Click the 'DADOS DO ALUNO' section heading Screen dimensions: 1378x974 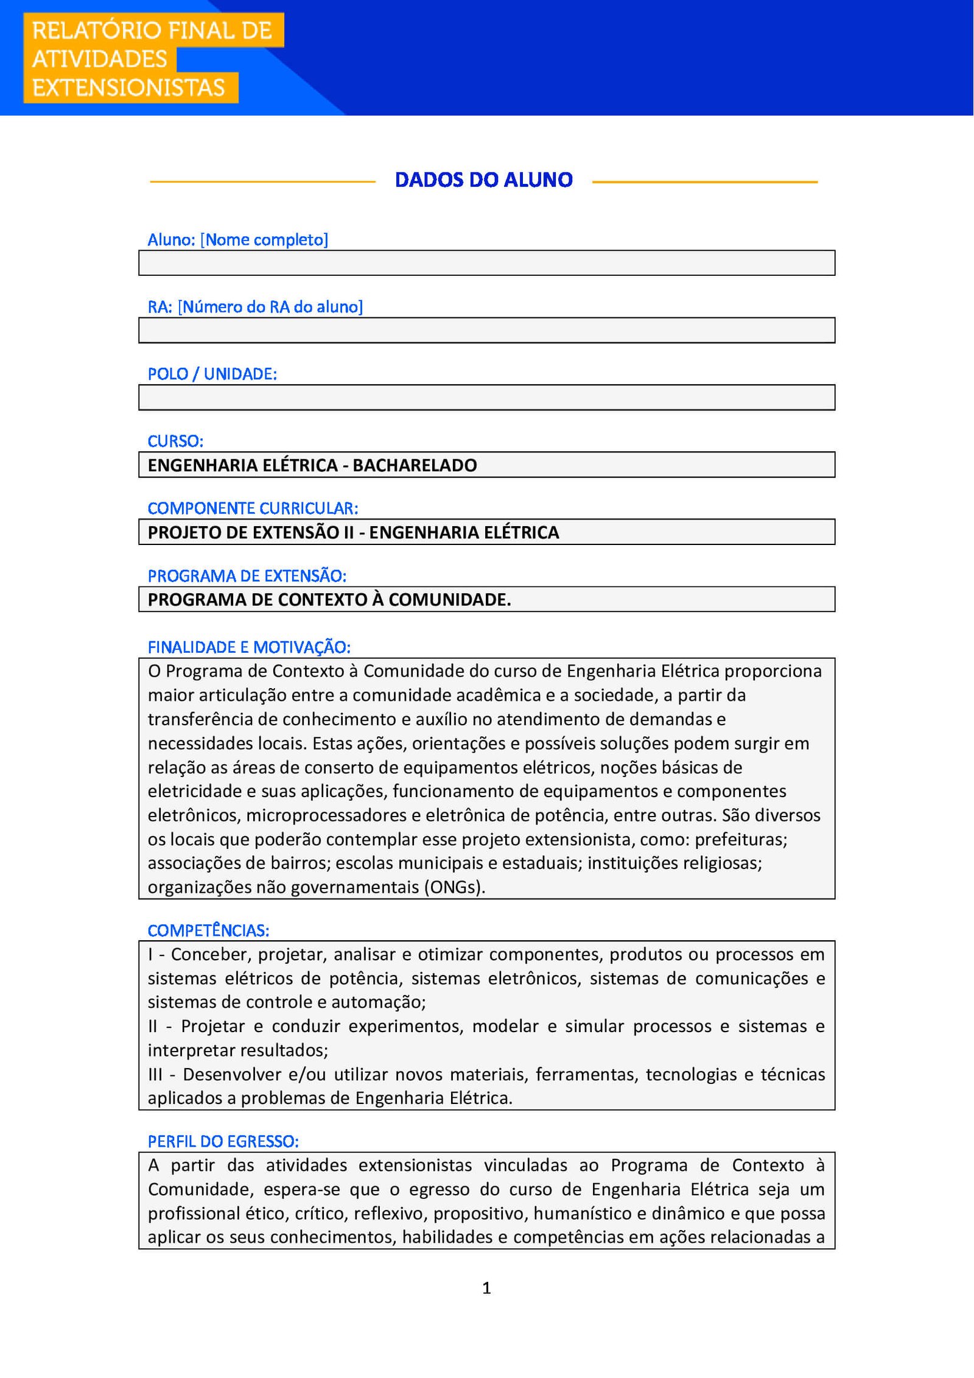483,180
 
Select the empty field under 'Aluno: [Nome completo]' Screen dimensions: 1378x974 486,263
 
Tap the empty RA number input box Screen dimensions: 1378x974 486,331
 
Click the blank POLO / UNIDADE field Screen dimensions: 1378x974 486,398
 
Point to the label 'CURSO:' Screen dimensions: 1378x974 175,441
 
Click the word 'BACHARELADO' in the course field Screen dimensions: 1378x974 415,465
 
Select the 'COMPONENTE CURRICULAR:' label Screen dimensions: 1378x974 253,508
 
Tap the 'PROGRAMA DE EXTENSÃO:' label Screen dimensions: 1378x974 247,575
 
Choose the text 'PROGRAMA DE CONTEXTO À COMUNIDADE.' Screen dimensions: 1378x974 329,600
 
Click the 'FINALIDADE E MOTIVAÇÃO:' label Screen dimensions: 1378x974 249,647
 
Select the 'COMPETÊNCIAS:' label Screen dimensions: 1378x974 208,930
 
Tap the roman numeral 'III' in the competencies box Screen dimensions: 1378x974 155,1074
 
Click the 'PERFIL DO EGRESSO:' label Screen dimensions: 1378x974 223,1141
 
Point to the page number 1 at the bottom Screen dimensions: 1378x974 486,1287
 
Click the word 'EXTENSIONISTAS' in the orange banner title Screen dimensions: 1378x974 128,88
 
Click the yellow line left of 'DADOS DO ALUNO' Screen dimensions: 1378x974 262,181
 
